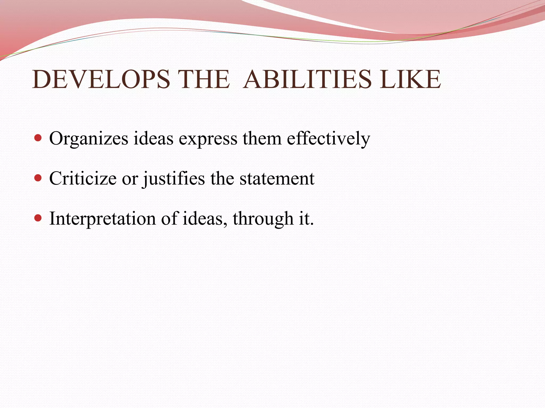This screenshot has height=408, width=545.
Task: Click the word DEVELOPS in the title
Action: click(101, 79)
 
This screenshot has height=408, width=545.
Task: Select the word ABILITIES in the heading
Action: click(307, 79)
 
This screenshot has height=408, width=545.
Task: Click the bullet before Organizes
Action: click(38, 138)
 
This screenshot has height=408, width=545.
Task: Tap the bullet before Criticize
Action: click(38, 178)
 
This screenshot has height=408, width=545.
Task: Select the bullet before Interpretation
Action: click(38, 218)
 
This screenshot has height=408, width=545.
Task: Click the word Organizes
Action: click(89, 139)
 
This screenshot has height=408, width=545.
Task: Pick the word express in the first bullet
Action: click(208, 139)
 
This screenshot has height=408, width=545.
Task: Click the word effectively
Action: click(328, 139)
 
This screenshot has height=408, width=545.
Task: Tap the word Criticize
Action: click(83, 178)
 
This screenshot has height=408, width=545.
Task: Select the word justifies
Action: click(174, 179)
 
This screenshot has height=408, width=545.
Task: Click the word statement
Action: click(277, 179)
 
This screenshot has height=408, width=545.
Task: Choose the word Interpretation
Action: click(102, 219)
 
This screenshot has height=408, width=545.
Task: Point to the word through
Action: click(263, 219)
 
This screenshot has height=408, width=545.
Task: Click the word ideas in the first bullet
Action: click(153, 138)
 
